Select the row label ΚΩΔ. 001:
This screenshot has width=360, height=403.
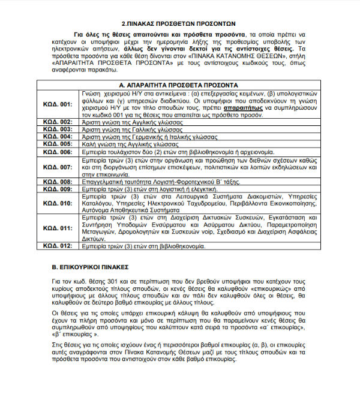click(58, 104)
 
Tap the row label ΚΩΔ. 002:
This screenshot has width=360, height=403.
click(58, 122)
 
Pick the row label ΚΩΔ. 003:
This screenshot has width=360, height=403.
click(58, 129)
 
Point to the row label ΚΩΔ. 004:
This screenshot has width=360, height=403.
click(58, 136)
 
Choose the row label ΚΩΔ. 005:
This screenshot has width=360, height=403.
click(58, 144)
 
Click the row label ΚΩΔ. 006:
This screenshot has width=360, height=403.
click(58, 152)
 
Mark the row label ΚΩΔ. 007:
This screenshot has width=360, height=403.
click(58, 167)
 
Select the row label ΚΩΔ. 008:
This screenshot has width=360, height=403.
click(58, 181)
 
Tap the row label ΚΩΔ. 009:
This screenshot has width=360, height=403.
click(58, 189)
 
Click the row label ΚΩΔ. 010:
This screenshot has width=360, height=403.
click(58, 203)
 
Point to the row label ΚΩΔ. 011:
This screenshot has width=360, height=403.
click(58, 228)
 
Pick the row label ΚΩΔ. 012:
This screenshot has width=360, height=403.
click(58, 246)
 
